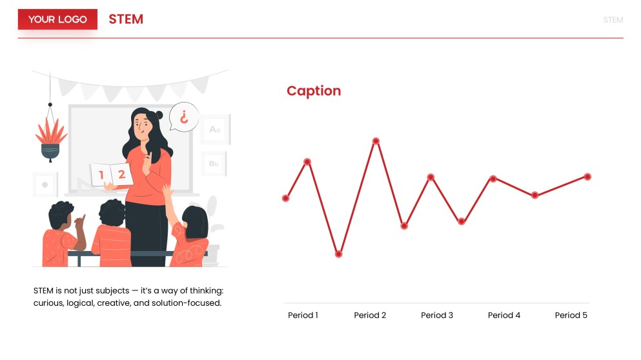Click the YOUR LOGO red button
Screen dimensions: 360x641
tap(57, 19)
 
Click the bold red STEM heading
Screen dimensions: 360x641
tap(126, 19)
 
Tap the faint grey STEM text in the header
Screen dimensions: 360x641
tap(613, 20)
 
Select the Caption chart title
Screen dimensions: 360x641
tap(314, 91)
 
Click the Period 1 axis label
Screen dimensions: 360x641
tap(303, 315)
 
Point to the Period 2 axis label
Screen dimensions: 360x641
tap(370, 315)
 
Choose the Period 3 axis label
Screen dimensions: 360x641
tap(437, 315)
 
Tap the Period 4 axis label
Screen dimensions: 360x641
tap(504, 315)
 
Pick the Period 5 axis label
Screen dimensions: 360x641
tap(571, 315)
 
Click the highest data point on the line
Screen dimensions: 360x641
tap(376, 141)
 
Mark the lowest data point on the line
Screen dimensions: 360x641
tap(338, 254)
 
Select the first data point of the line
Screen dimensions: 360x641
tap(285, 198)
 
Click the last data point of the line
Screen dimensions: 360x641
tap(587, 176)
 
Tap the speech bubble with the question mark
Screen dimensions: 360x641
tap(184, 117)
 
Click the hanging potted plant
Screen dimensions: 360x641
tap(50, 139)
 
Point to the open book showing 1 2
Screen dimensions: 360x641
tap(111, 175)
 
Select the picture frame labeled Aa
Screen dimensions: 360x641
tap(214, 130)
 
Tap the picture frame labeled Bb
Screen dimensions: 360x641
tap(214, 164)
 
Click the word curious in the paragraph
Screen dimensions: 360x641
tap(50, 303)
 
